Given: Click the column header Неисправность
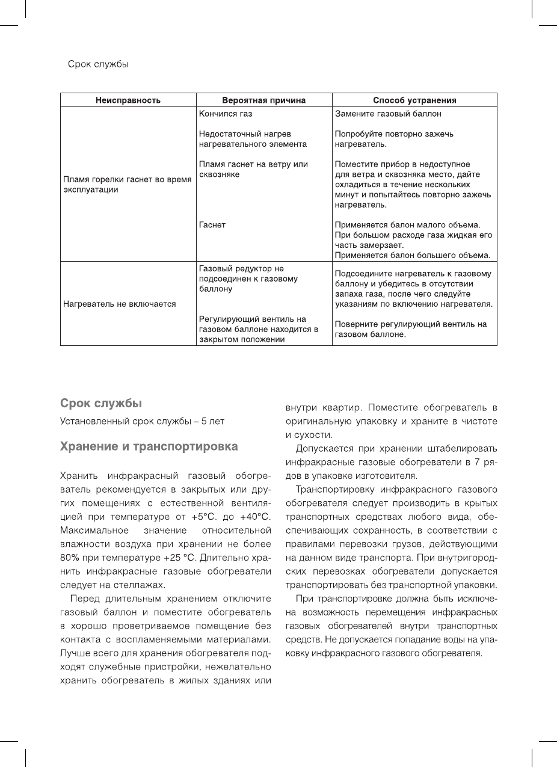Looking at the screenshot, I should pyautogui.click(x=128, y=100).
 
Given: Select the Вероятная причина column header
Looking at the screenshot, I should pyautogui.click(x=263, y=100).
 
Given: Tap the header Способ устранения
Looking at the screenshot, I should pyautogui.click(x=414, y=100).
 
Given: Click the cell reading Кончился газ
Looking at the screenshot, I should pyautogui.click(x=226, y=114).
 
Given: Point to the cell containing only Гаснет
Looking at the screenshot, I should pyautogui.click(x=212, y=225).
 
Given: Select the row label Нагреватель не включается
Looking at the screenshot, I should pyautogui.click(x=119, y=304).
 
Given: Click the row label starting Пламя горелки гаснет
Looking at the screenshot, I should pyautogui.click(x=127, y=185).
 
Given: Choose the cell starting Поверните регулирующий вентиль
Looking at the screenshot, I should pyautogui.click(x=410, y=328).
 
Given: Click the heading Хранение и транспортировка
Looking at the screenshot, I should pyautogui.click(x=149, y=447).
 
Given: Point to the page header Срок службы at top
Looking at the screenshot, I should pyautogui.click(x=98, y=64).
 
